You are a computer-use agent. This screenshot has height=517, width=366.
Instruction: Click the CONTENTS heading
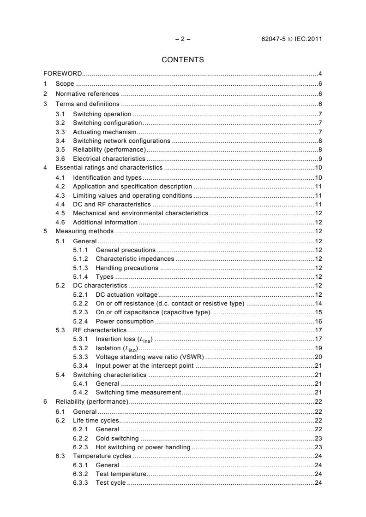point(182,59)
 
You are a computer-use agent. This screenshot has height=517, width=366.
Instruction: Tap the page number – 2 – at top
point(183,39)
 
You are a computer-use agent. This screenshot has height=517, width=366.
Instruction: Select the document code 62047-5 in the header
point(274,39)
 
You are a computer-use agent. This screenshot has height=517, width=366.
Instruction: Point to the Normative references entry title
point(87,94)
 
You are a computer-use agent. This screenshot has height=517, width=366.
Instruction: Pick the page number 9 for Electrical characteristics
point(320,159)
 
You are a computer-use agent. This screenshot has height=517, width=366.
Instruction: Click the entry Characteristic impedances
point(135,258)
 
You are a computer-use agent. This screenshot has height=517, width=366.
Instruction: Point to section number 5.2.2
point(81,303)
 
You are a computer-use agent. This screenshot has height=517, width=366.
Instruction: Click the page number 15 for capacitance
point(318,312)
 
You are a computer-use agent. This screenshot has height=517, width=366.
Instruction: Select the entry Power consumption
point(125,321)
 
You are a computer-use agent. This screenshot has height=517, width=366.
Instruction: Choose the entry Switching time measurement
point(138,392)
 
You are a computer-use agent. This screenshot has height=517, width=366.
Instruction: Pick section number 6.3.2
point(81,474)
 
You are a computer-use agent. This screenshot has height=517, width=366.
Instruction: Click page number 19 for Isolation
point(318,348)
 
